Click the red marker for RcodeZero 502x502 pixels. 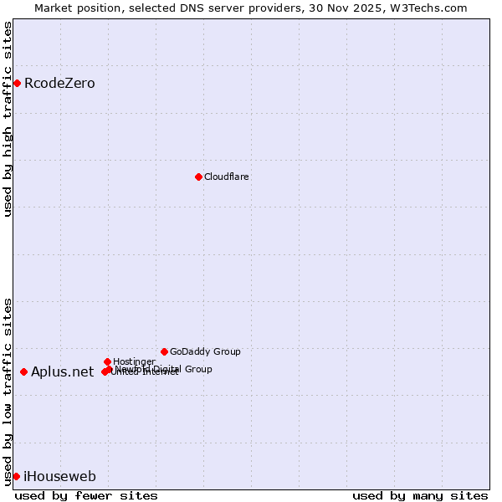coord(17,83)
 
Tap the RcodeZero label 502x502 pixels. coord(59,84)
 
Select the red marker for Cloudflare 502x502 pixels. coord(198,177)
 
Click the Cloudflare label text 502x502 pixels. coord(226,177)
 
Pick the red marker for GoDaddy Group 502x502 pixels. coord(164,351)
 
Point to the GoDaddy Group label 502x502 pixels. coord(205,352)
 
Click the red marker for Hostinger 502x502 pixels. coord(107,361)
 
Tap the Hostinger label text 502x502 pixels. coord(134,361)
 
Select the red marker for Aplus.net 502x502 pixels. coord(23,371)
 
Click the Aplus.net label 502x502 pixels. coord(62,372)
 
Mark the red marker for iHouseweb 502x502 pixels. coord(16,476)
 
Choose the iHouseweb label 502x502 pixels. coord(59,477)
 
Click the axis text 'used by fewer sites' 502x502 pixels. coord(86,495)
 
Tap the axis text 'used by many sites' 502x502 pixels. coord(420,495)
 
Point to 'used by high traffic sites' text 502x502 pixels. coord(8,119)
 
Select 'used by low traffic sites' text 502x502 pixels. coord(8,392)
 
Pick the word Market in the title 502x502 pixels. coord(54,8)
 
